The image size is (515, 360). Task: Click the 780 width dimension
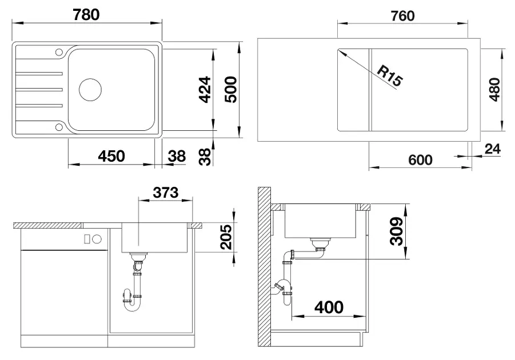(86, 15)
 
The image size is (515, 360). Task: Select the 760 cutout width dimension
(402, 16)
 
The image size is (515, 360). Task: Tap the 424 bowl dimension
(205, 90)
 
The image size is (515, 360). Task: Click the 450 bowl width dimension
(111, 156)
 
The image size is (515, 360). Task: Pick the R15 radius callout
(389, 76)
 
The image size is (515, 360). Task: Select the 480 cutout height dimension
(494, 90)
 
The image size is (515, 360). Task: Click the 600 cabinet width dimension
(421, 160)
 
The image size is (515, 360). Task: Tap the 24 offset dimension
(493, 149)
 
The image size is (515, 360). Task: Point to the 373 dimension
(166, 193)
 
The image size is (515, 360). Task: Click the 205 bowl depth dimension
(226, 237)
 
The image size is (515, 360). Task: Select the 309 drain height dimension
(397, 231)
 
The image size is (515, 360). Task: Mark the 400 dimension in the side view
(329, 307)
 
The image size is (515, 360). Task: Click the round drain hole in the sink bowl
(90, 90)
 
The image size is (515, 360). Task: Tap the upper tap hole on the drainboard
(59, 52)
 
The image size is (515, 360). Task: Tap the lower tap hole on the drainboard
(59, 127)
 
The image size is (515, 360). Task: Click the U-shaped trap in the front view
(133, 305)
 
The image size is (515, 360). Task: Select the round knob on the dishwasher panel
(97, 239)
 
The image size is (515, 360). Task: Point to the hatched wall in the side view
(264, 267)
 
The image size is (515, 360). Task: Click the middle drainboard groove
(39, 90)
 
